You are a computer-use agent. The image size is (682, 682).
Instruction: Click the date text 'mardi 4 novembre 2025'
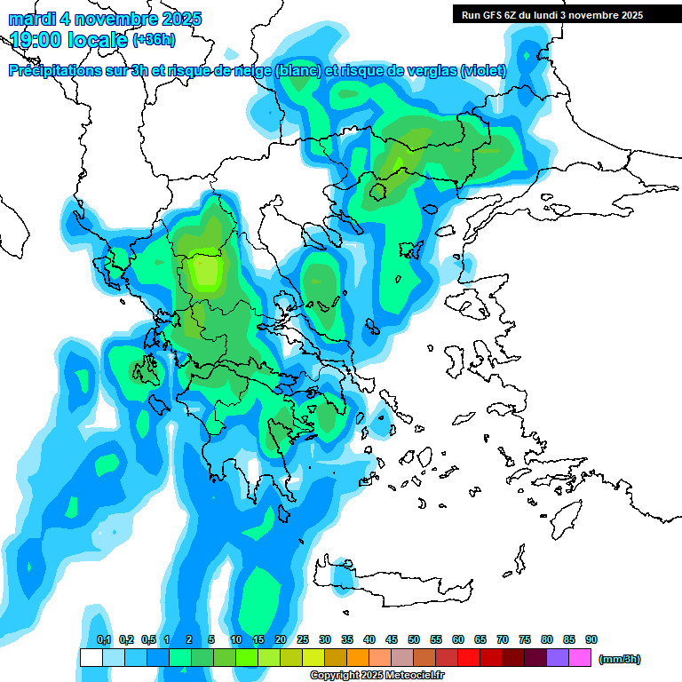(x=106, y=19)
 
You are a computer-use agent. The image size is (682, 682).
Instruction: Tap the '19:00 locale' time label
(x=69, y=39)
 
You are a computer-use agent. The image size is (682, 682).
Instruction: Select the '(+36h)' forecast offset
(x=154, y=39)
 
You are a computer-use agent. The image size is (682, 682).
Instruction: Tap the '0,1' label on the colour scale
(x=103, y=639)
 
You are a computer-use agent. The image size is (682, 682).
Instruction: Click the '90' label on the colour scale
(x=591, y=639)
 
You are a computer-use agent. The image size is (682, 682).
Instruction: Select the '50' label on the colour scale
(x=414, y=639)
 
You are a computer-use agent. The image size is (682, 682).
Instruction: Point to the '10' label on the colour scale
(x=236, y=639)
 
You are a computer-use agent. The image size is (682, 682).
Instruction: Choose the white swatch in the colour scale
(x=91, y=658)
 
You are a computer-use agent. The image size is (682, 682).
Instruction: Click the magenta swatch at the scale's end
(x=580, y=658)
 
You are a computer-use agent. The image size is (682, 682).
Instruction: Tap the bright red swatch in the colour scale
(x=469, y=658)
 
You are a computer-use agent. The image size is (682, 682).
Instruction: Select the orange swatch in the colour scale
(x=358, y=658)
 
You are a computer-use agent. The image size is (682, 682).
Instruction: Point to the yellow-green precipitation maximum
(x=205, y=271)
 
